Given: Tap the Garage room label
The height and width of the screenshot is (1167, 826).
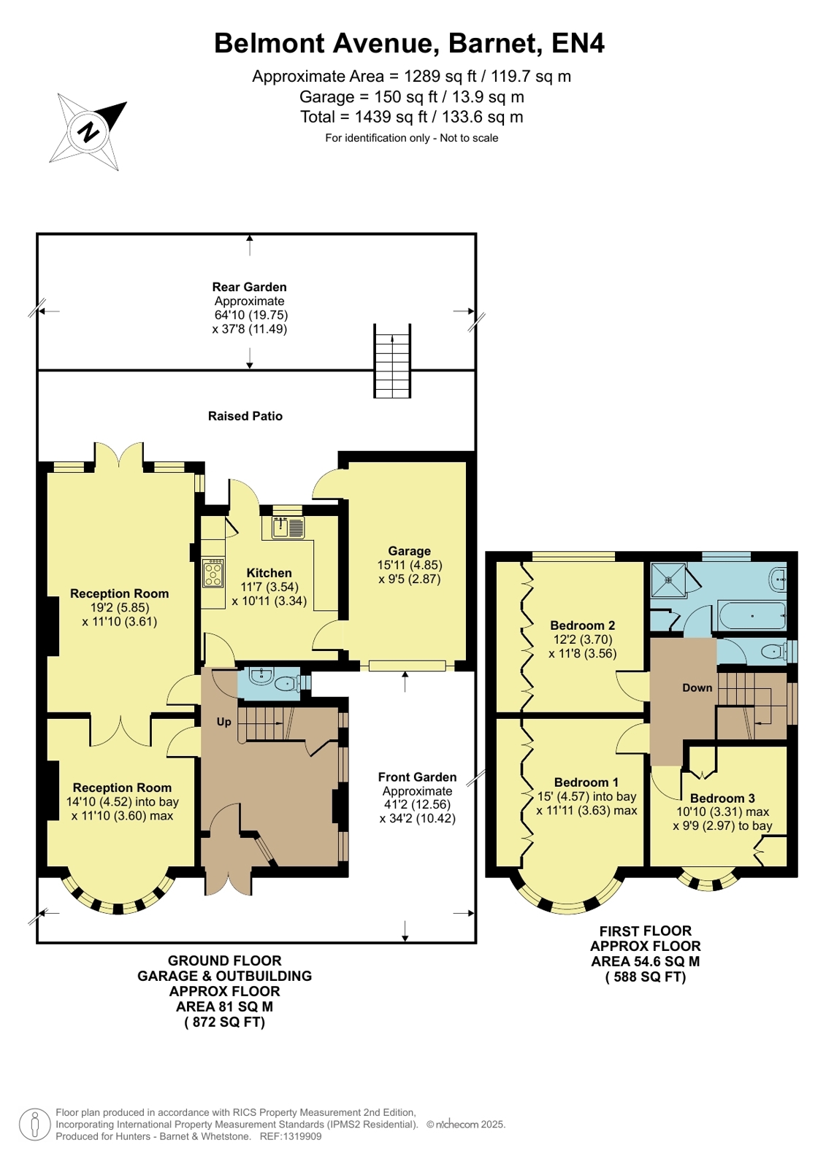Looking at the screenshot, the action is [410, 551].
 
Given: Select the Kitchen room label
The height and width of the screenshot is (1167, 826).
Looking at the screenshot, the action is [269, 573].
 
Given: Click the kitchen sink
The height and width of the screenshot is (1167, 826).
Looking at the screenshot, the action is [287, 527].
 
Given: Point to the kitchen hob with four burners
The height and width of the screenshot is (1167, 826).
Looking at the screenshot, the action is [213, 573].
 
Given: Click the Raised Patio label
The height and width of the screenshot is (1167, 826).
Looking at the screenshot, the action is [245, 416].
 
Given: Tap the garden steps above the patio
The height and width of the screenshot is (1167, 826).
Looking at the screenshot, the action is [392, 361].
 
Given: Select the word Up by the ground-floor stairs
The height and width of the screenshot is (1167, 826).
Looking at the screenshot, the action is [223, 722].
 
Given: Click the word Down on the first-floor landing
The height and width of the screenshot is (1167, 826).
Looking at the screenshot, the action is [697, 688].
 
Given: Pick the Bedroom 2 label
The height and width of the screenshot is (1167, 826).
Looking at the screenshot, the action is [583, 625].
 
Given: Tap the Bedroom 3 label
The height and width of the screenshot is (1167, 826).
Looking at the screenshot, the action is [722, 798].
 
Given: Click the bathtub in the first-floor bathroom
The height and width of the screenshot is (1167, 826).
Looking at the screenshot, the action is [752, 616].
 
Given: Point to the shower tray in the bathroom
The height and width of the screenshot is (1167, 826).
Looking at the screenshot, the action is [668, 580].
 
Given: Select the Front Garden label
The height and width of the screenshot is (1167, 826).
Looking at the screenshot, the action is [417, 777].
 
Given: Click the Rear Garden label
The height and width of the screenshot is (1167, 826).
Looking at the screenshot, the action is [249, 287].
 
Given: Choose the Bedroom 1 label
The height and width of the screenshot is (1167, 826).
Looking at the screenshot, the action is [586, 782].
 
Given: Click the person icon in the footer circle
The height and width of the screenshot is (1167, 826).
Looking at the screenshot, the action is [35, 1125].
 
